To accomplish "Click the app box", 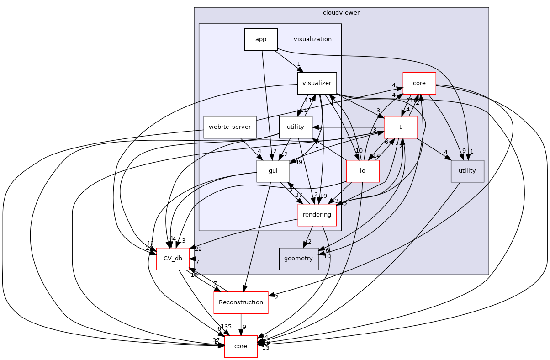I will coord(261,39).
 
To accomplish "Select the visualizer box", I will coord(317,84).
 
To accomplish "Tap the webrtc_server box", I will coord(230,127).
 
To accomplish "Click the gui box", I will coord(273,171).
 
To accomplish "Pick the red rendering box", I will coord(317,215).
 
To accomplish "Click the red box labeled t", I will coord(400,127).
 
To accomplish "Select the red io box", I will coord(363,171).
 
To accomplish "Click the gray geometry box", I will coord(298,259).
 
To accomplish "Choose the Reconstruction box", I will coord(241,302).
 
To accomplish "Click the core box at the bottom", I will coord(241,346).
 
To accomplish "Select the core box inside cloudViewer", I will coord(419,83).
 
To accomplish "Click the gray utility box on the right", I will coord(467,171).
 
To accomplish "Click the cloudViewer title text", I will coord(341,12).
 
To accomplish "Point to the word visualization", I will coord(312,39).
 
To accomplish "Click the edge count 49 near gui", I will coord(300,162).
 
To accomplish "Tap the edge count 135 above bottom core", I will coord(226,327).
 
